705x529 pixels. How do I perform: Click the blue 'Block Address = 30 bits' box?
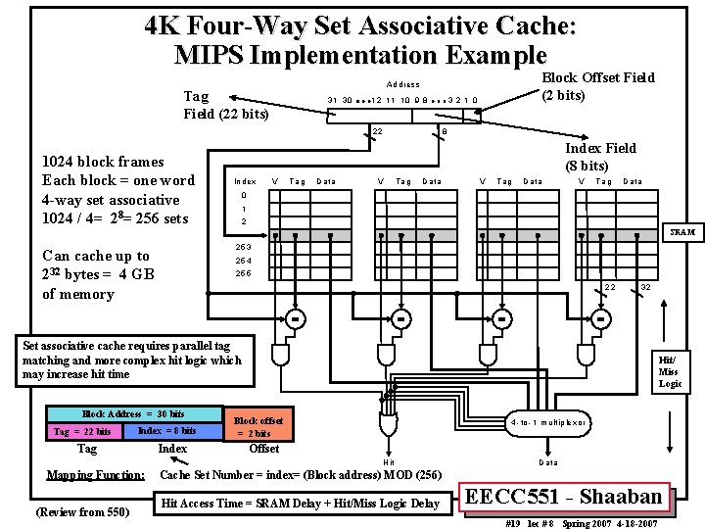132,414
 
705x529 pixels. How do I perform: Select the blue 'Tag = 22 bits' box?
82,431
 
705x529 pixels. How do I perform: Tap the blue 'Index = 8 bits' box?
166,431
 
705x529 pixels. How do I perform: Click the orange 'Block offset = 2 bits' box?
259,427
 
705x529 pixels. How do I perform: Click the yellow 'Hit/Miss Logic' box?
669,372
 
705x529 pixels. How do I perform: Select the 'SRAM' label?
681,232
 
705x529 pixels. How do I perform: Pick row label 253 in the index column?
244,247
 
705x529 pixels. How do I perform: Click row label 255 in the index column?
244,273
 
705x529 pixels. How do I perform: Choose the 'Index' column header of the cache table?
245,181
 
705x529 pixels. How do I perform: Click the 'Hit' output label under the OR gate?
389,462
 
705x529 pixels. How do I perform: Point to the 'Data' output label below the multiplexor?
549,461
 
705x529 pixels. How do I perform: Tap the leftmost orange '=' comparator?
295,318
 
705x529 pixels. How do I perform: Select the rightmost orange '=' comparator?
600,318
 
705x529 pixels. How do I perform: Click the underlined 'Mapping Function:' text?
96,476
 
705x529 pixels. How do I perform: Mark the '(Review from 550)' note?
81,511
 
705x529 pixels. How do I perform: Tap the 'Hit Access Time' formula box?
301,504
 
